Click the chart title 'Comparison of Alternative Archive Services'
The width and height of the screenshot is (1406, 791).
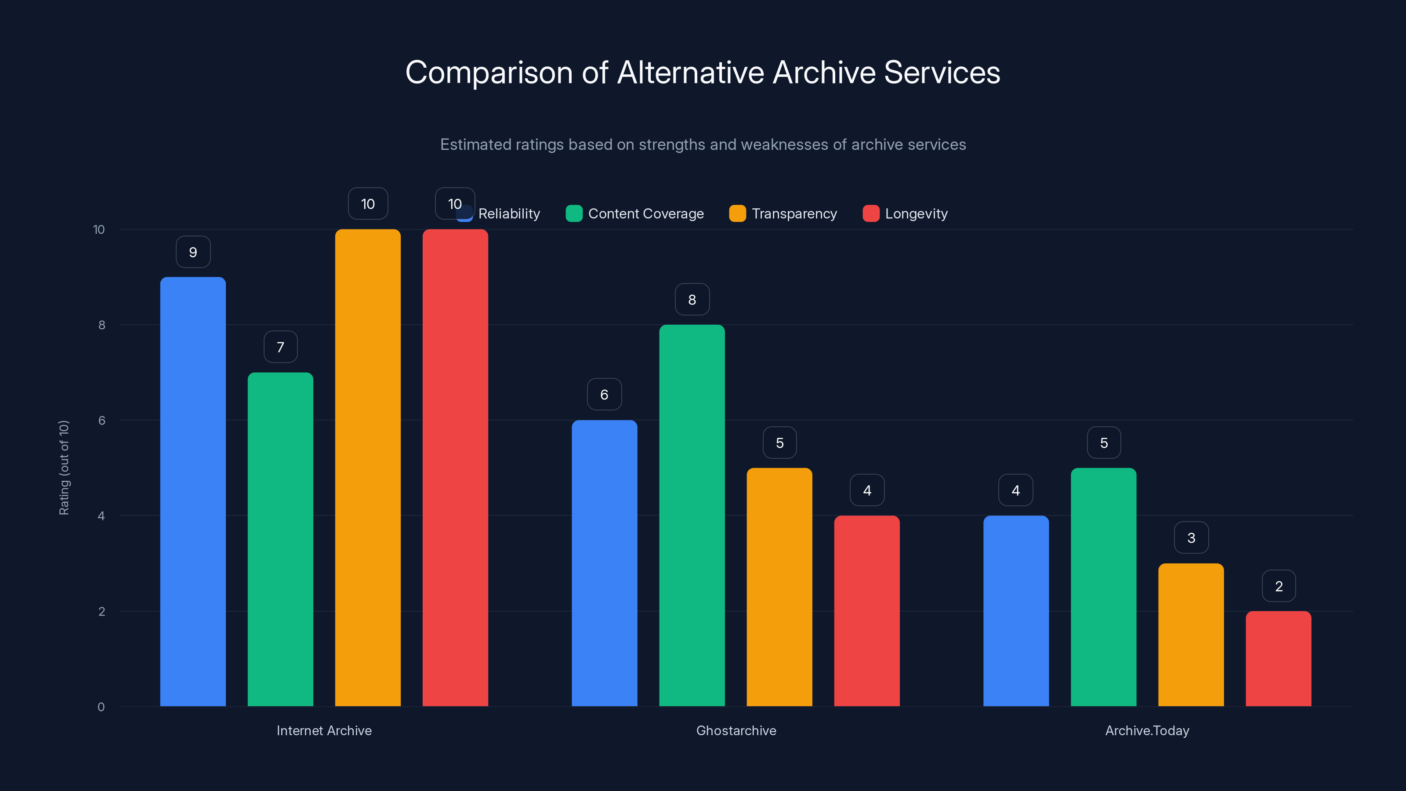[x=703, y=72]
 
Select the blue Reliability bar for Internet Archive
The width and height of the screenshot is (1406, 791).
[x=193, y=491]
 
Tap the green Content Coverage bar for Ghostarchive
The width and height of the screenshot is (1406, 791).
[x=692, y=515]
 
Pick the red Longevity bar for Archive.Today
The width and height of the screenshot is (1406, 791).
[x=1278, y=658]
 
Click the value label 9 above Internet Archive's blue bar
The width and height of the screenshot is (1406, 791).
[x=193, y=252]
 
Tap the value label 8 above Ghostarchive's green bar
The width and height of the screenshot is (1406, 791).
[x=692, y=300]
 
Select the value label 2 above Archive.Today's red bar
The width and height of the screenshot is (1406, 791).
[x=1278, y=586]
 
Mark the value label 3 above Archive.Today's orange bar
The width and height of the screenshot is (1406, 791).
[x=1191, y=538]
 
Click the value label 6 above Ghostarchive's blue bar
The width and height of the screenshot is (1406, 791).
[x=604, y=395]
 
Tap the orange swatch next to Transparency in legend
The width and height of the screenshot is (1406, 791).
[x=737, y=214]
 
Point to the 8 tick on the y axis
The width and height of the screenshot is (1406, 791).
[x=101, y=325]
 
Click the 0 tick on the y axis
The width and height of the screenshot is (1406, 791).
[x=101, y=707]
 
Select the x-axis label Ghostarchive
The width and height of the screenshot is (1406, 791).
[x=736, y=730]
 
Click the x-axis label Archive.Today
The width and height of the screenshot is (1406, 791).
[x=1147, y=730]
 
